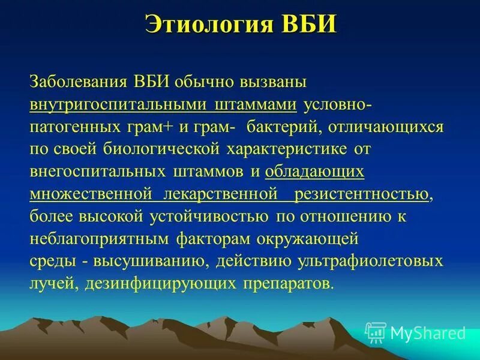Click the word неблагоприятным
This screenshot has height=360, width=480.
(x=100, y=239)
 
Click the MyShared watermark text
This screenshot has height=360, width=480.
(x=428, y=332)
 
